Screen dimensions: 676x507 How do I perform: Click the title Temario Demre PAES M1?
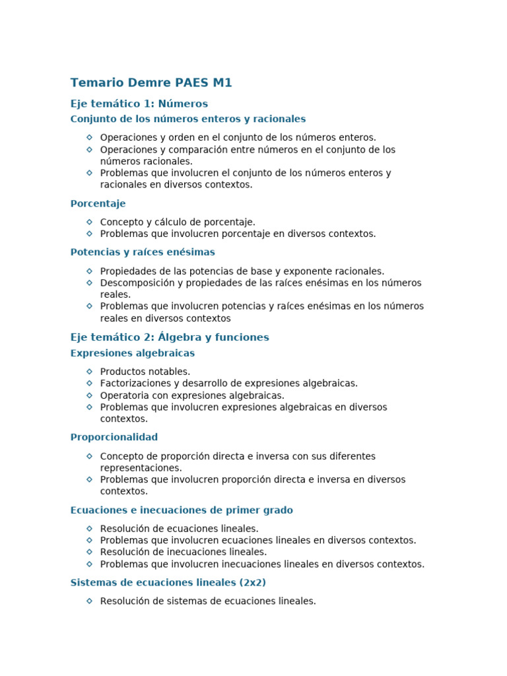point(151,83)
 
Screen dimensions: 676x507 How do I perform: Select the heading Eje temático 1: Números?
point(139,104)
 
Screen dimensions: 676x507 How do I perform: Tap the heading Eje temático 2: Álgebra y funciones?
point(170,337)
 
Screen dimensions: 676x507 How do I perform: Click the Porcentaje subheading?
point(98,203)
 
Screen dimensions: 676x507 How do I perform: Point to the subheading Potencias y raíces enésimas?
point(143,252)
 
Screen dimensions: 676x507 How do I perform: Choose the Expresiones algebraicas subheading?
point(133,353)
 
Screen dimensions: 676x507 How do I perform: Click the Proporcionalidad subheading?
point(114,437)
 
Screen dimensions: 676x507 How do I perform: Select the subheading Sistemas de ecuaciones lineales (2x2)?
point(168,582)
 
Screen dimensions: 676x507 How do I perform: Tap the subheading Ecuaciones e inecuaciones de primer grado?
point(182,510)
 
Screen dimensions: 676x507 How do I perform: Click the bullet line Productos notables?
point(145,372)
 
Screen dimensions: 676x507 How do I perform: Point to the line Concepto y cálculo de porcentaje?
point(178,222)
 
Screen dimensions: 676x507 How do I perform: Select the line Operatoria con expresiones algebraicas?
point(192,395)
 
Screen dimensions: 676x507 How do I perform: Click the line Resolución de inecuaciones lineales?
point(184,552)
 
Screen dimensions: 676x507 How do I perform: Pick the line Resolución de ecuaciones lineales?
point(179,528)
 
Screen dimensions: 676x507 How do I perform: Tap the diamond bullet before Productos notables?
point(90,371)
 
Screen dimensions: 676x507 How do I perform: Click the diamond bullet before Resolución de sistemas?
point(90,601)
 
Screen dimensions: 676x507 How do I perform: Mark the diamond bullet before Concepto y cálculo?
point(90,222)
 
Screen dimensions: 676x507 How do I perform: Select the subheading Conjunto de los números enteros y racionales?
point(188,119)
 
